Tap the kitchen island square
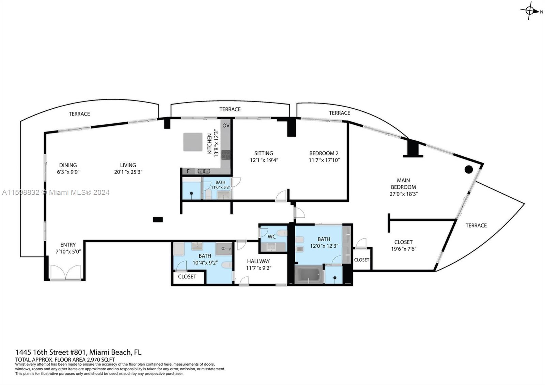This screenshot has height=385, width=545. pyautogui.click(x=193, y=142)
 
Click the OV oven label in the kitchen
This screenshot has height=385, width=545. pyautogui.click(x=226, y=126)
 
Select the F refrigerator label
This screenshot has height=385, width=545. pyautogui.click(x=188, y=171)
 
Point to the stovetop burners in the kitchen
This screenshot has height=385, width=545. pyautogui.click(x=226, y=155)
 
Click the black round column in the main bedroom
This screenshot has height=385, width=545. pyautogui.click(x=469, y=169)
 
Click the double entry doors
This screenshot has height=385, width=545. pyautogui.click(x=65, y=272)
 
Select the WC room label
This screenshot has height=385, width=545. pyautogui.click(x=271, y=236)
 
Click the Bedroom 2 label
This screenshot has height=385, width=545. pyautogui.click(x=324, y=153)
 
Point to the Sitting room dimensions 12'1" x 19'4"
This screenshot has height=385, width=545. pyautogui.click(x=264, y=160)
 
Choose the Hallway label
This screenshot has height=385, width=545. pyautogui.click(x=258, y=261)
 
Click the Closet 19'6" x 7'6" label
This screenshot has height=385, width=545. pyautogui.click(x=403, y=245)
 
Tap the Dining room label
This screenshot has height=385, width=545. pyautogui.click(x=68, y=165)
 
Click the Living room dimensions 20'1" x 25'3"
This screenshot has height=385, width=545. pyautogui.click(x=128, y=172)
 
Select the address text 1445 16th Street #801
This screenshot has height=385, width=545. pyautogui.click(x=51, y=352)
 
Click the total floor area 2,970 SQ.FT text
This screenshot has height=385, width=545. pyautogui.click(x=65, y=360)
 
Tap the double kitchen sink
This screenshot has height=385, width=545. pyautogui.click(x=204, y=171)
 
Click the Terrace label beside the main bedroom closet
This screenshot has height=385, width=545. pyautogui.click(x=476, y=226)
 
